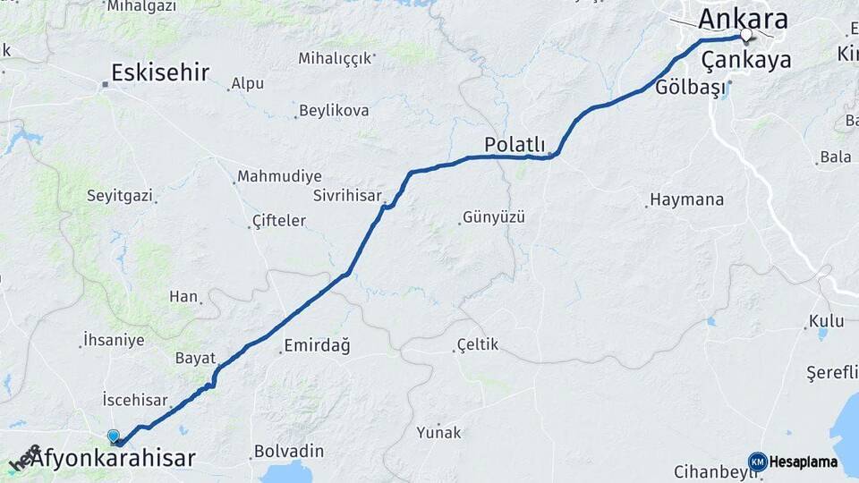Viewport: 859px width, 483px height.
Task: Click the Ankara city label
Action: coord(743,19)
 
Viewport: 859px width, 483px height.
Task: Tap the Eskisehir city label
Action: coord(160,72)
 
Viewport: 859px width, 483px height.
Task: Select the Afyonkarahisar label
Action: coord(113,459)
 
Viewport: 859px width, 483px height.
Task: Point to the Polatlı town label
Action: coord(515,144)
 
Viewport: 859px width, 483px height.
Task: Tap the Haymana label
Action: coord(687,199)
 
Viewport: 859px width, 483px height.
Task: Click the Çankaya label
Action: coord(746,60)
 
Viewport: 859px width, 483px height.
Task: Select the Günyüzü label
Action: coord(493,216)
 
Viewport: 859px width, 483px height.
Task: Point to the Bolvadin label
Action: coord(288,451)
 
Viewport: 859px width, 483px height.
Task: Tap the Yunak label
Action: coord(438,432)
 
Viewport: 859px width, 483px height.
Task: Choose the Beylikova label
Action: coord(334,110)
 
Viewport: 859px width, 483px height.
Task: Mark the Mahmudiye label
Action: coord(278,176)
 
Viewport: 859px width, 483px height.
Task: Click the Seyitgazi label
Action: coord(119,194)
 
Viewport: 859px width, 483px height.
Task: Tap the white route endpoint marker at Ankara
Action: coord(745,35)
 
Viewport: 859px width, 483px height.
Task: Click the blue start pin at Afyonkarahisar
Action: coord(114,436)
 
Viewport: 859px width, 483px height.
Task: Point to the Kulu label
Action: coord(826,320)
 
